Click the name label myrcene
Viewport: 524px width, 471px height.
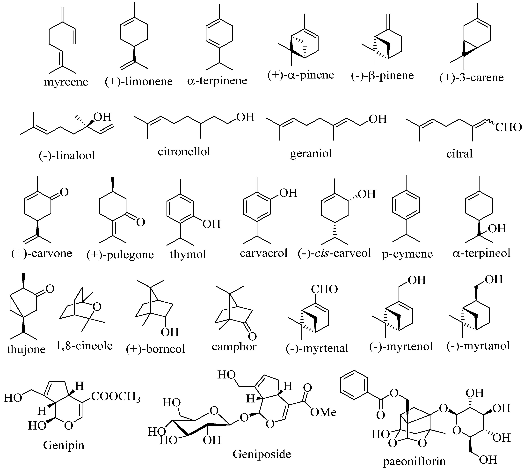click(66, 82)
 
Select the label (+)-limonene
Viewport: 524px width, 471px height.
click(139, 82)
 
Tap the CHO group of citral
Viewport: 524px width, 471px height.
click(508, 127)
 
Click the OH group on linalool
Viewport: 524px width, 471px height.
click(102, 117)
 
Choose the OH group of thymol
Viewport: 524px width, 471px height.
click(211, 224)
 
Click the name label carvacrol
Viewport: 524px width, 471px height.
click(264, 253)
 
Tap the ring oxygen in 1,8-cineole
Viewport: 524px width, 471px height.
click(97, 307)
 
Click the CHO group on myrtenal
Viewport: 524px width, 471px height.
click(324, 289)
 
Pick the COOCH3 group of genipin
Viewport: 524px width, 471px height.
click(116, 396)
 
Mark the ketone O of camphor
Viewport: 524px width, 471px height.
click(252, 336)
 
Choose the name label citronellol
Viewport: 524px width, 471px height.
click(184, 152)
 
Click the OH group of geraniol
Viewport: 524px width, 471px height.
click(378, 119)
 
